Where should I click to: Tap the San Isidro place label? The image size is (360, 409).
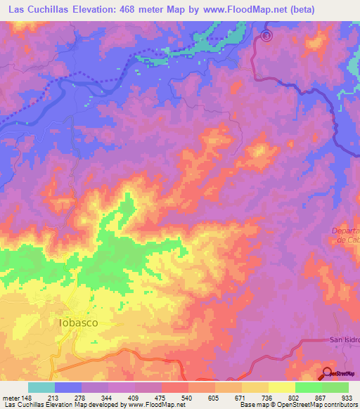coord(345,340)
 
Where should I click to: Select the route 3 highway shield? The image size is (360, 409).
coord(266,35)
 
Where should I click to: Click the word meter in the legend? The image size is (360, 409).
coord(11,397)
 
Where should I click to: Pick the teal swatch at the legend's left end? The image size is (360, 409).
coord(41,387)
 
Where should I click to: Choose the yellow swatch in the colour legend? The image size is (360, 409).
coord(281,387)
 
